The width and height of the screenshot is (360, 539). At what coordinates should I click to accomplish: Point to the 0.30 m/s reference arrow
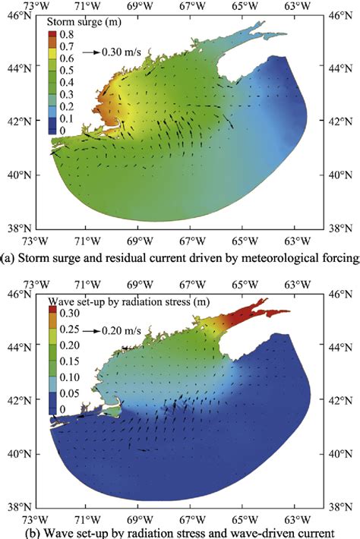(94, 52)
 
